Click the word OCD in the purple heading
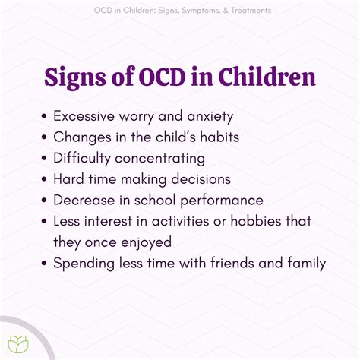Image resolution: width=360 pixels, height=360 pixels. (163, 77)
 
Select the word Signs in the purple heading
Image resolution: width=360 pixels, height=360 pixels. (75, 78)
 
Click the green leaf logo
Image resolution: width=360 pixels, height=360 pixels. (18, 344)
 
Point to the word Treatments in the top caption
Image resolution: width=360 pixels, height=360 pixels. (251, 11)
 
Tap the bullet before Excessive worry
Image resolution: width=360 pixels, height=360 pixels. (44, 116)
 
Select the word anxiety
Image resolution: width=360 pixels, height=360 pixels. (210, 117)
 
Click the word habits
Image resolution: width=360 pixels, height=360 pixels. (219, 137)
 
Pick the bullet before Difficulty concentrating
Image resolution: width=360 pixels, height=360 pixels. (44, 158)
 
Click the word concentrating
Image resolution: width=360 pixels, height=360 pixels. (160, 159)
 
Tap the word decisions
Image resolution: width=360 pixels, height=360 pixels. (201, 179)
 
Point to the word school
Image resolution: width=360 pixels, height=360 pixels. (155, 200)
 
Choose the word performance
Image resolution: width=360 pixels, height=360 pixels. (222, 201)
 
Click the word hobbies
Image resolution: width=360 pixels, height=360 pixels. (256, 221)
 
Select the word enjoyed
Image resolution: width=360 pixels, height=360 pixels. (147, 242)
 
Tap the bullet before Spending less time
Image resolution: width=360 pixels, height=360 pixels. (44, 263)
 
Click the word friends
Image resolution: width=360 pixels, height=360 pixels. (232, 263)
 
